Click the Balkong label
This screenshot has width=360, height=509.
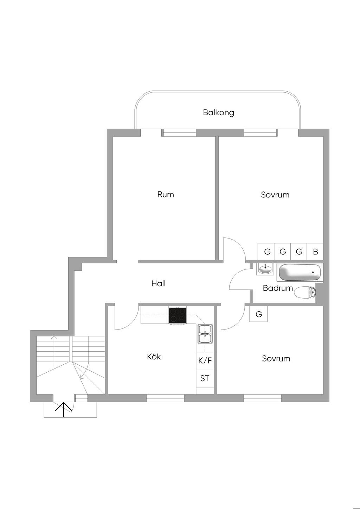pos(218,113)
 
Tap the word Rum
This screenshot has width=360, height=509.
pos(166,195)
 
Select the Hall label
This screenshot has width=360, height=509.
pos(159,283)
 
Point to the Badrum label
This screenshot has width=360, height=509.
pos(278,288)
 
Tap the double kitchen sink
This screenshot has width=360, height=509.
pos(205,334)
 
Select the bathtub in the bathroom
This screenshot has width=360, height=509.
pos(300,273)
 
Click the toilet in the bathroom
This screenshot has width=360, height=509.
pos(305,292)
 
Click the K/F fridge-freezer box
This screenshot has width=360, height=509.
pos(205,361)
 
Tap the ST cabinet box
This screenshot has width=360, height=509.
pos(205,379)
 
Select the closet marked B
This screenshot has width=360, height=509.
pos(315,251)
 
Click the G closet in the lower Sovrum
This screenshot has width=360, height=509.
pos(258,314)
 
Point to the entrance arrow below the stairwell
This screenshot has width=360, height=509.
pos(63,410)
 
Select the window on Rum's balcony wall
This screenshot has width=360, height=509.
pos(179,133)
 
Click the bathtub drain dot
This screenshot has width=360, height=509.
pos(313,272)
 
